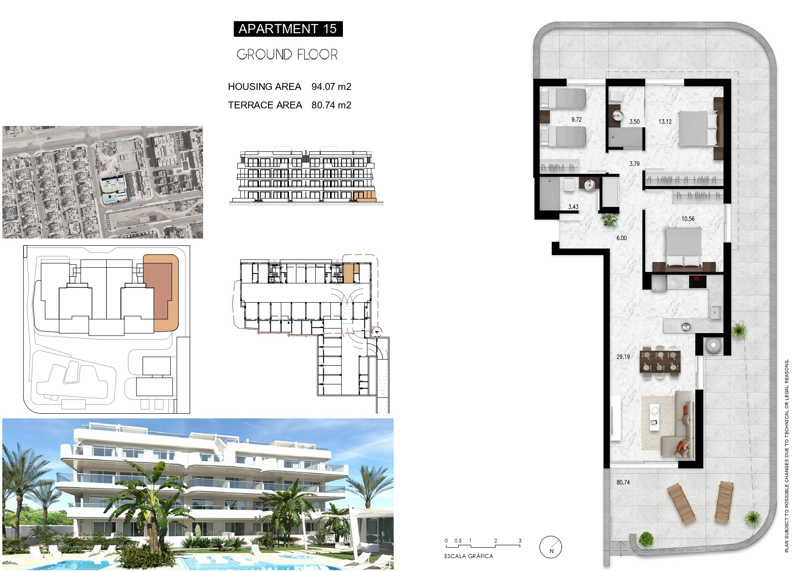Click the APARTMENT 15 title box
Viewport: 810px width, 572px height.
click(x=288, y=29)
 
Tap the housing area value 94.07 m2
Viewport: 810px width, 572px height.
click(x=331, y=87)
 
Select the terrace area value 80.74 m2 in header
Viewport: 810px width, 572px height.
click(x=331, y=105)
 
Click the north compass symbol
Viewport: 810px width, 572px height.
click(x=551, y=547)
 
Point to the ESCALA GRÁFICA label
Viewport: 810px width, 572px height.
click(x=468, y=556)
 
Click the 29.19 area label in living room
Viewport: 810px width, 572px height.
click(x=623, y=357)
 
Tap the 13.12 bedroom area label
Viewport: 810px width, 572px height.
click(x=665, y=122)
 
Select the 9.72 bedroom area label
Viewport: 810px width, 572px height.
click(x=576, y=119)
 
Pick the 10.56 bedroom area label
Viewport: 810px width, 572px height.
click(x=688, y=219)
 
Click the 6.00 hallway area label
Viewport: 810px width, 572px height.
click(x=622, y=238)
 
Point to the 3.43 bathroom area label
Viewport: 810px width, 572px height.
click(x=573, y=207)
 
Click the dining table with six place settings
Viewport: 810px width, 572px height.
click(x=660, y=361)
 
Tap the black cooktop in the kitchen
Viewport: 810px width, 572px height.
click(x=698, y=281)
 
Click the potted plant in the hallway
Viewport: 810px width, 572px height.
click(x=610, y=219)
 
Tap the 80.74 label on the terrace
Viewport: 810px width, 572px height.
click(x=623, y=482)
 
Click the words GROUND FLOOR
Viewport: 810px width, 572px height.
click(x=287, y=54)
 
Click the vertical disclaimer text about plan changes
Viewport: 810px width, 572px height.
click(x=786, y=456)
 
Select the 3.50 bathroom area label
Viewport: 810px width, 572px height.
click(x=635, y=122)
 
